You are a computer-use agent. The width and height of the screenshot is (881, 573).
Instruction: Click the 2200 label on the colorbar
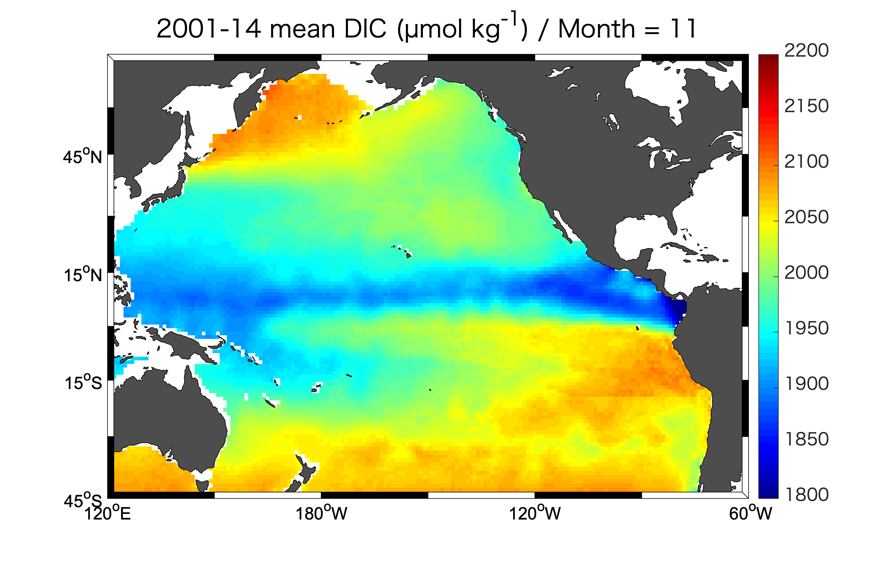click(x=806, y=51)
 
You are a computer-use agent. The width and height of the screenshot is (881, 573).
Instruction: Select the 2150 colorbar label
click(x=806, y=106)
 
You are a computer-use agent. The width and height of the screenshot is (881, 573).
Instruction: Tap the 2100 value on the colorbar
click(x=806, y=162)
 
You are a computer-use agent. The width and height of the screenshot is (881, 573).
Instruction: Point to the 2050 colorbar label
click(x=806, y=217)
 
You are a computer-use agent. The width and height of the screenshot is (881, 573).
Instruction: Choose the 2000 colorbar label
click(x=806, y=273)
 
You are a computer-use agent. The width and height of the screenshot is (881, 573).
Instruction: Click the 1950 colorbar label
click(x=806, y=328)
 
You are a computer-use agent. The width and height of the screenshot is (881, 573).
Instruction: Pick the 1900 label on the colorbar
click(x=806, y=384)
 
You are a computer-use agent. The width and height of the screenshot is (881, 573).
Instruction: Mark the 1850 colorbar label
click(x=806, y=439)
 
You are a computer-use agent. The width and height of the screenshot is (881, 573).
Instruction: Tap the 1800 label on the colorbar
click(x=806, y=495)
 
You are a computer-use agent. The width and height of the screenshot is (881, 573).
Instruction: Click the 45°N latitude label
click(x=82, y=156)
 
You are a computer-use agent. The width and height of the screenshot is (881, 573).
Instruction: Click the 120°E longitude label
click(x=108, y=513)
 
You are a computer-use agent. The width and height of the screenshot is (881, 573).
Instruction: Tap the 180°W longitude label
click(x=321, y=513)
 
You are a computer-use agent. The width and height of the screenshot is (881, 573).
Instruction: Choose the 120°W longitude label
click(x=535, y=513)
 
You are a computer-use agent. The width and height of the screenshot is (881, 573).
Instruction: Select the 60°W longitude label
click(x=750, y=513)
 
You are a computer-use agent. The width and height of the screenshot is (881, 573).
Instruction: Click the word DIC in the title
click(x=365, y=29)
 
